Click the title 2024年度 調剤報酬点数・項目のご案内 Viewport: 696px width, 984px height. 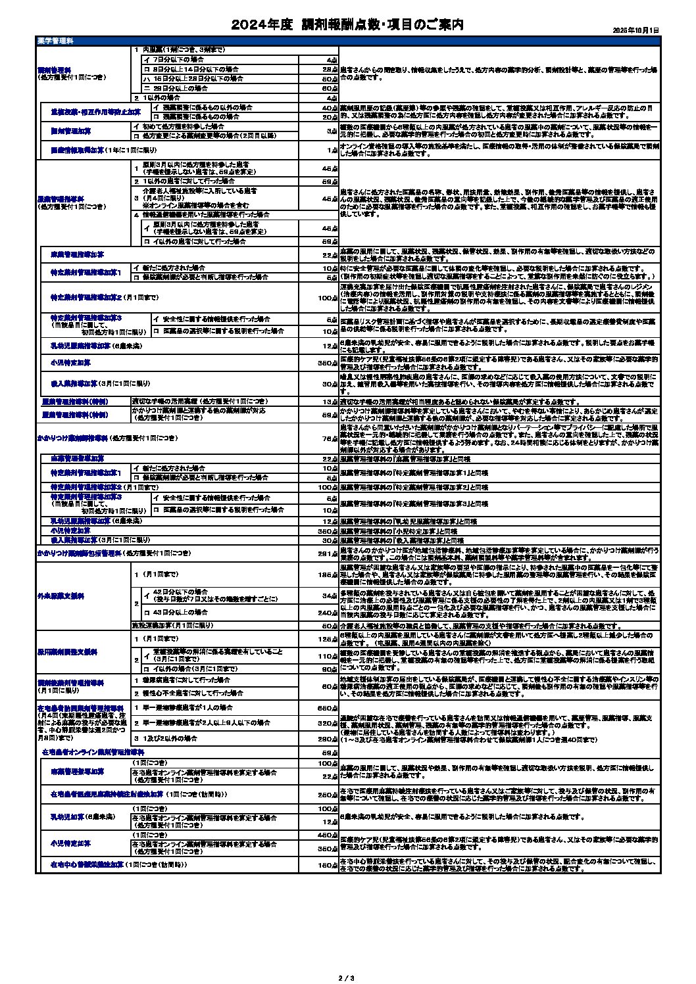[x=347, y=25]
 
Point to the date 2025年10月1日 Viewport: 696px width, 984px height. [x=635, y=30]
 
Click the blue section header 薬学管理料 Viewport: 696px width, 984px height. [x=56, y=41]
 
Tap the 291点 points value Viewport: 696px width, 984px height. [x=328, y=553]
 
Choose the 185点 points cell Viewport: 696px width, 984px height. [x=328, y=574]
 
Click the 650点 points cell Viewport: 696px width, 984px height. [x=328, y=708]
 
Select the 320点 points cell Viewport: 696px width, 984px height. [x=328, y=723]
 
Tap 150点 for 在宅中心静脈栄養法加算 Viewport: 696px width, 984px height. [x=328, y=865]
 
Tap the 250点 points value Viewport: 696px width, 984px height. [x=328, y=795]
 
